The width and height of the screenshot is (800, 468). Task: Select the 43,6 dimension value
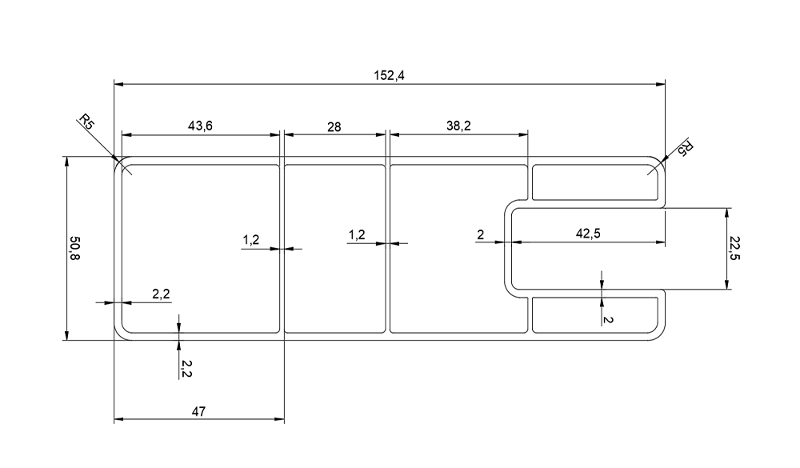(199, 126)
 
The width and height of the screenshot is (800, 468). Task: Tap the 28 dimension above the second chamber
(334, 126)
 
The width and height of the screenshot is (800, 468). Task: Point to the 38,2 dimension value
(457, 126)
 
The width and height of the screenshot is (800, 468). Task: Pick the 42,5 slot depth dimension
(588, 234)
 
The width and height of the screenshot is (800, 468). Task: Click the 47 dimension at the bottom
(199, 411)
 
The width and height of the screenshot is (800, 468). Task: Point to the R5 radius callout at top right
(686, 149)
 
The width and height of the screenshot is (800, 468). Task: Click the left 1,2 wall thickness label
(250, 239)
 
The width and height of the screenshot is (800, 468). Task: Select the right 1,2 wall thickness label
(357, 234)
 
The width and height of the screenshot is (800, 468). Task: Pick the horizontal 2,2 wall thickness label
(161, 294)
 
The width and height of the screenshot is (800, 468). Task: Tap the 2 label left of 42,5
(480, 234)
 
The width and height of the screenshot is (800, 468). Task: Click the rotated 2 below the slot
(609, 319)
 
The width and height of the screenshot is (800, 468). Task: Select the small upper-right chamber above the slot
(596, 182)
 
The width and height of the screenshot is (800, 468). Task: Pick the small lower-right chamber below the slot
(596, 314)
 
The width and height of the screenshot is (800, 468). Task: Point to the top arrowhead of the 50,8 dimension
(66, 161)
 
